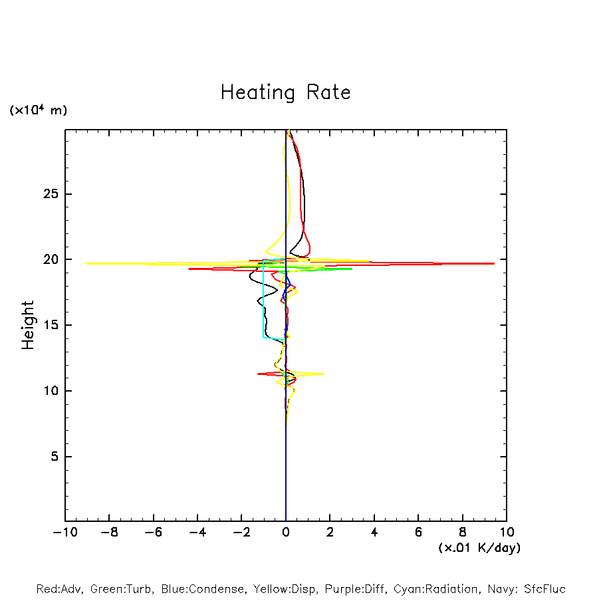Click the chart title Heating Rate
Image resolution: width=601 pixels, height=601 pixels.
click(285, 92)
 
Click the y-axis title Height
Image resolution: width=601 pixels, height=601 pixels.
click(28, 325)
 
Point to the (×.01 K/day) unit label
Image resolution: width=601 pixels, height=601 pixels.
click(479, 548)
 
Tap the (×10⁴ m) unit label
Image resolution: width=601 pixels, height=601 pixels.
click(38, 110)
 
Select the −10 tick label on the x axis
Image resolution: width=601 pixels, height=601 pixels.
click(64, 533)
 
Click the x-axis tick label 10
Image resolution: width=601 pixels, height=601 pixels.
click(507, 533)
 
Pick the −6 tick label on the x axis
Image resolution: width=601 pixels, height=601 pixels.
click(153, 533)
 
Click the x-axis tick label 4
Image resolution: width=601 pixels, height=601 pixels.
click(374, 533)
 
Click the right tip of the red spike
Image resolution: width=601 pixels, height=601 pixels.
click(494, 263)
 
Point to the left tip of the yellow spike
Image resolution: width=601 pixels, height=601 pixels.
click(87, 263)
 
